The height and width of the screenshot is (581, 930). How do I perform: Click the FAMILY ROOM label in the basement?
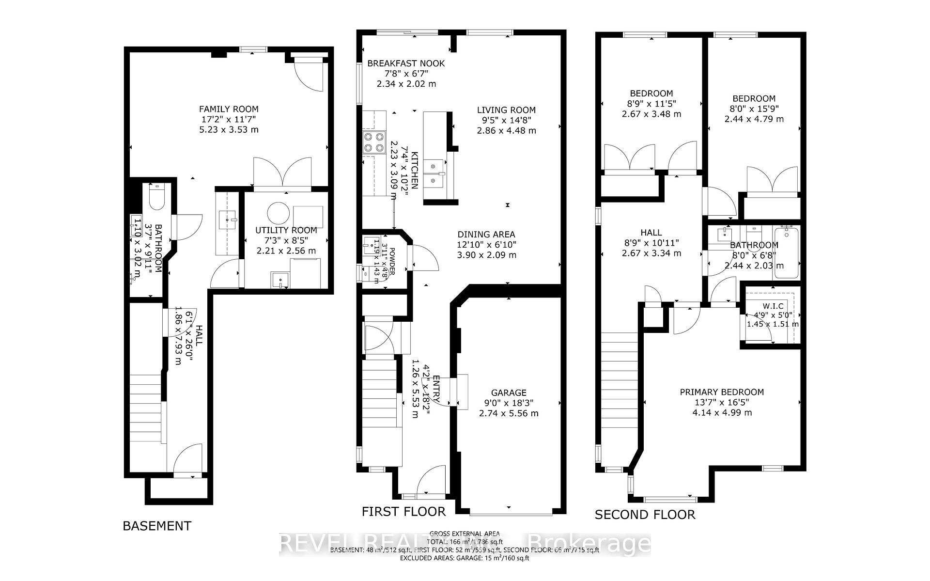(229, 109)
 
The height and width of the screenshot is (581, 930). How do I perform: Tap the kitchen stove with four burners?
(373, 143)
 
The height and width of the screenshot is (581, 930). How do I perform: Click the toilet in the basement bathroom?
(156, 197)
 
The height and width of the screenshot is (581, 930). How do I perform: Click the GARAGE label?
(508, 393)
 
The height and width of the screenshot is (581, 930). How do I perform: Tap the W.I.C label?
(773, 306)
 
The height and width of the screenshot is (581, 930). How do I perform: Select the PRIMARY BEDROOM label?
(722, 392)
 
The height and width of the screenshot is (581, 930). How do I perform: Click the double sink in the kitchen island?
(434, 173)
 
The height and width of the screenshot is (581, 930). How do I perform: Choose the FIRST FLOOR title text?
(403, 511)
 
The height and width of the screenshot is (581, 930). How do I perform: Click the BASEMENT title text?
(157, 526)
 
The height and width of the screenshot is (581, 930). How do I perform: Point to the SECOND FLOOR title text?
(645, 515)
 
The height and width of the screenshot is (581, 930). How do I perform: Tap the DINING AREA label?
(486, 235)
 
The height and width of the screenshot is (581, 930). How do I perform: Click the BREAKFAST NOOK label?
(405, 63)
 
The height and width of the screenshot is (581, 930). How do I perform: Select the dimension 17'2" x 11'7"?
(229, 119)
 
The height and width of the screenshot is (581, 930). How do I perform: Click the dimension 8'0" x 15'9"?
(754, 109)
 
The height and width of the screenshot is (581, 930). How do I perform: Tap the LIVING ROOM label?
(506, 110)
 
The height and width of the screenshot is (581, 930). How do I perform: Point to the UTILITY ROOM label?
(286, 230)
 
